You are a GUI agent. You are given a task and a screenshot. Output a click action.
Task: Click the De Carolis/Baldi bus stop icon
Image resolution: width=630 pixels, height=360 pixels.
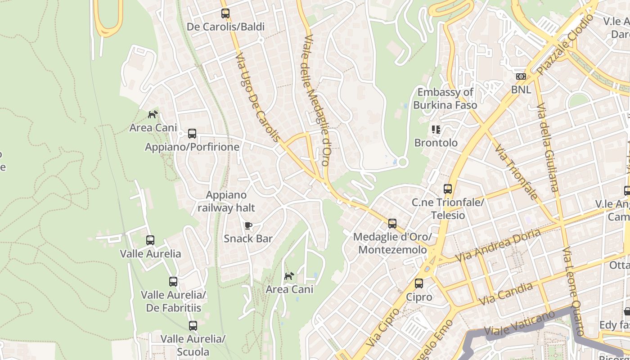(x=225, y=13)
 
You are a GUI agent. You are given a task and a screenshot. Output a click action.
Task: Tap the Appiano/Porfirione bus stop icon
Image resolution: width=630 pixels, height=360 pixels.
(x=192, y=134)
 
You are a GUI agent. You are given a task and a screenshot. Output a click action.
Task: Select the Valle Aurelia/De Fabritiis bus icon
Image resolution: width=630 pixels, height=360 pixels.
(x=173, y=282)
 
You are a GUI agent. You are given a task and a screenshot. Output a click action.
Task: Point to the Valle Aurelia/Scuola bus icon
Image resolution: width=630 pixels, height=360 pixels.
(x=193, y=325)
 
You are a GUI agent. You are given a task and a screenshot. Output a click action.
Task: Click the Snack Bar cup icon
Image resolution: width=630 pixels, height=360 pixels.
(x=248, y=225)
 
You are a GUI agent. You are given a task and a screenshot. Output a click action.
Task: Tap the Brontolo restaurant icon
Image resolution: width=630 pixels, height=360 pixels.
(x=436, y=130)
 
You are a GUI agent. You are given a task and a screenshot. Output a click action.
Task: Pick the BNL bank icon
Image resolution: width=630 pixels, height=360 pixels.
(x=521, y=76)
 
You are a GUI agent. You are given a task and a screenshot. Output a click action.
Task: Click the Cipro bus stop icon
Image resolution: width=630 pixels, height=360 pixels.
(x=419, y=283)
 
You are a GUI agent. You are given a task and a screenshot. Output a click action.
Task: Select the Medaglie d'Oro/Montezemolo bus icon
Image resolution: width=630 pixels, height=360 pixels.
(x=392, y=224)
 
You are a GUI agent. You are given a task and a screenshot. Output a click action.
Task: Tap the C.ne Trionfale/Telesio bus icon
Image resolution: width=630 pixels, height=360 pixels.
(x=448, y=189)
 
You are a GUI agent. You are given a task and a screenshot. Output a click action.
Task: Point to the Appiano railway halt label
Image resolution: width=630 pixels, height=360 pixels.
(x=226, y=201)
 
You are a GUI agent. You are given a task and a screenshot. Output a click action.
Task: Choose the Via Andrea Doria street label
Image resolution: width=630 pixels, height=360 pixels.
(x=498, y=246)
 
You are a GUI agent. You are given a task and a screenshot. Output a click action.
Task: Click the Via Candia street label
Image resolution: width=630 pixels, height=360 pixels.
(x=506, y=294)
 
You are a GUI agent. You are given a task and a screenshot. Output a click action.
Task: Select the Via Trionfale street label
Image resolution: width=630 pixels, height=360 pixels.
(x=516, y=171)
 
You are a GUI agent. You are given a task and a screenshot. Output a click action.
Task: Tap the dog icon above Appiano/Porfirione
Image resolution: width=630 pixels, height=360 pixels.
(x=153, y=115)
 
